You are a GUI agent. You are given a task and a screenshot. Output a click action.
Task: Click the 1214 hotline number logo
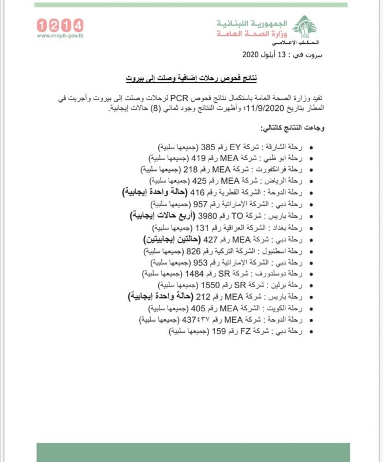60,25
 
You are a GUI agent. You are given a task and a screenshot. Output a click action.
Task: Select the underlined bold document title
191,77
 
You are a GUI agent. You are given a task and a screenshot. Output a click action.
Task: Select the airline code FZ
235,332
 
